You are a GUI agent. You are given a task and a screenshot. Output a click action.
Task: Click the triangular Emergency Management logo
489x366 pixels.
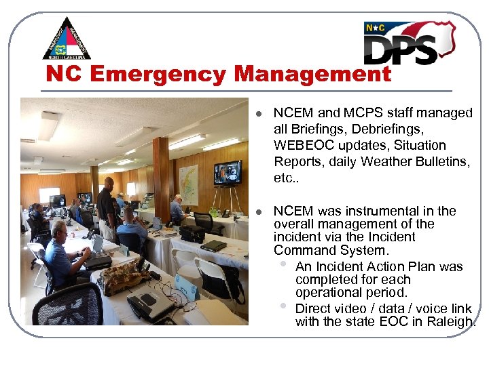[x=67, y=39]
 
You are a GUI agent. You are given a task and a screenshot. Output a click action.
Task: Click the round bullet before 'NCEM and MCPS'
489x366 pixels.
[x=259, y=114]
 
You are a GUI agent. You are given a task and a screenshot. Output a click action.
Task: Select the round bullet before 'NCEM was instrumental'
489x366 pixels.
[x=259, y=212]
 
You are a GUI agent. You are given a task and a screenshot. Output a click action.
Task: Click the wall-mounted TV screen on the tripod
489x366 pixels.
[x=227, y=173]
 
